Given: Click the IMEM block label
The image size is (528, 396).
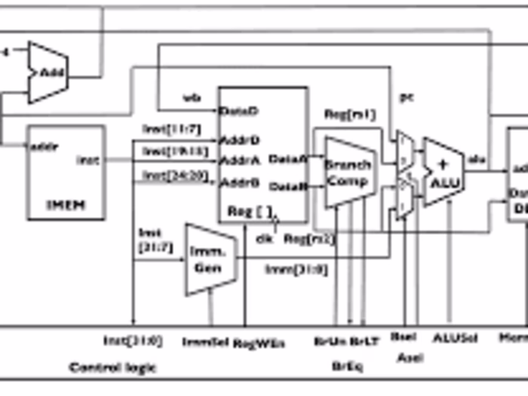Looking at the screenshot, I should tap(66, 204).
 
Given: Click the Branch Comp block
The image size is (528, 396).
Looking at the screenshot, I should tap(348, 173).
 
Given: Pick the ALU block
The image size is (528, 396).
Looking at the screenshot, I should tap(444, 173).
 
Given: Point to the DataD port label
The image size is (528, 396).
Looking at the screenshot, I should tap(239, 111).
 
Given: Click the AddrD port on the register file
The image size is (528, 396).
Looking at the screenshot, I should tap(239, 140).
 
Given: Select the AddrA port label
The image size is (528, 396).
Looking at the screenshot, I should tap(239, 161).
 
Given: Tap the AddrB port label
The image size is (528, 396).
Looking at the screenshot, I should tap(239, 182).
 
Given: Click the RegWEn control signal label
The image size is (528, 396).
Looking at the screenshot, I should tap(259, 342).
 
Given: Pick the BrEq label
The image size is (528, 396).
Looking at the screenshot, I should tap(347, 365).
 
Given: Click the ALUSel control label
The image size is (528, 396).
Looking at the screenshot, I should tap(455, 339).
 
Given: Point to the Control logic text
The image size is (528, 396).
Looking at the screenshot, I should tap(112, 368).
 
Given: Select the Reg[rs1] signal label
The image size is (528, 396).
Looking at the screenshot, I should tap(349, 115).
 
